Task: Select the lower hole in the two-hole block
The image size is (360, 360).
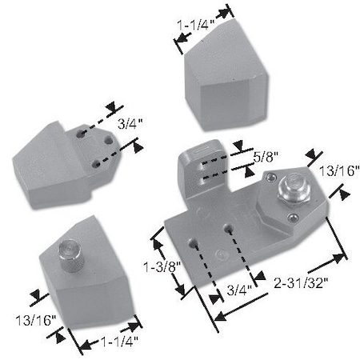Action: (95, 162)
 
